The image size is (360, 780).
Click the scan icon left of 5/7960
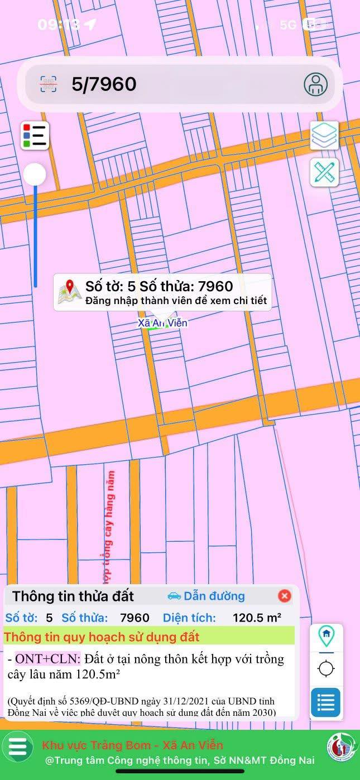(49, 84)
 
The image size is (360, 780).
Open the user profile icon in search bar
(315, 84)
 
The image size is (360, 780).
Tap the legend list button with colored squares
(35, 136)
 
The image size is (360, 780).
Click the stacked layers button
(324, 136)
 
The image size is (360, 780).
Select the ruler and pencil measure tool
(324, 172)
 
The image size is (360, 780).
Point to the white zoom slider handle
(35, 175)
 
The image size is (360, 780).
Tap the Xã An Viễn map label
(162, 323)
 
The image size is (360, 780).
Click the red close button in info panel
(285, 596)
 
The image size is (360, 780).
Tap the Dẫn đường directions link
(207, 596)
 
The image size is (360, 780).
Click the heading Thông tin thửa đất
(73, 596)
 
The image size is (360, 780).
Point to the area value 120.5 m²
(257, 618)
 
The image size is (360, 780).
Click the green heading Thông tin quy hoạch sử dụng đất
(102, 637)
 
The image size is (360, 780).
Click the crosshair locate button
(326, 668)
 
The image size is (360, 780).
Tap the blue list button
(326, 702)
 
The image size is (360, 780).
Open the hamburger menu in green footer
(18, 747)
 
